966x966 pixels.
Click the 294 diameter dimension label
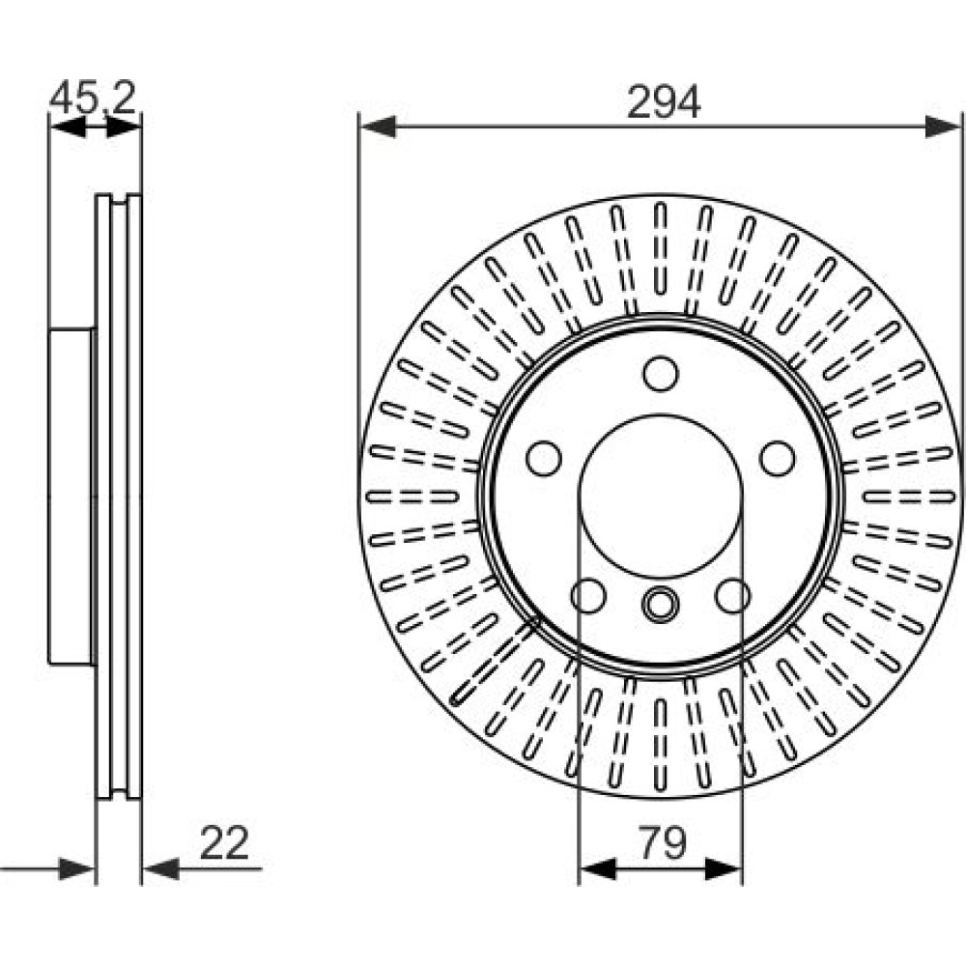tap(664, 101)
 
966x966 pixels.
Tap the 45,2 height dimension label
tap(93, 98)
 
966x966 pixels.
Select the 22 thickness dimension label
tap(224, 843)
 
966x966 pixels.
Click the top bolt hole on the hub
tap(661, 373)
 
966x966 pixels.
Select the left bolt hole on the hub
tap(544, 458)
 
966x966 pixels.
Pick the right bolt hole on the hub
tap(777, 458)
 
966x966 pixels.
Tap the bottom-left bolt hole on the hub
tap(588, 596)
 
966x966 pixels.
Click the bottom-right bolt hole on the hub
tap(732, 596)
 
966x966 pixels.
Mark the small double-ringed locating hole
tap(661, 604)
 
